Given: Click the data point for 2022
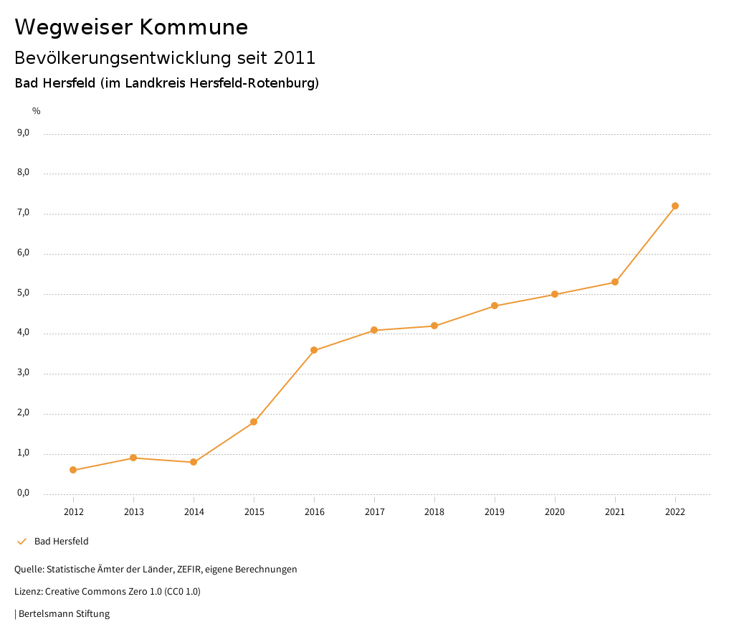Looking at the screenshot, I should coord(675,206).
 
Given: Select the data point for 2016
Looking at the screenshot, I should coord(314,350).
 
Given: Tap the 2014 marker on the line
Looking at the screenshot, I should coord(194,462).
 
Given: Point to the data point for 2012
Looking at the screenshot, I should coord(73,470).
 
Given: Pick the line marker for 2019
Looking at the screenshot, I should coord(495,306).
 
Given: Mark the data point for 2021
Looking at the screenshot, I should coord(615,282).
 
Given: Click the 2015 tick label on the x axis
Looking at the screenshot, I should coord(254,512).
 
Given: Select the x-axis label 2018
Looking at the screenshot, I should coord(434,512).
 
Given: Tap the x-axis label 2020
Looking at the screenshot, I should coord(555,512).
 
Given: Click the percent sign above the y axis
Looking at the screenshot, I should coord(37,111).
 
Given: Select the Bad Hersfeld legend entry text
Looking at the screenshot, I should coord(62,542).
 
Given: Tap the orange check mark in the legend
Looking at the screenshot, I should coord(22,542).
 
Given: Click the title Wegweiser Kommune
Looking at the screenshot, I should coord(131,27).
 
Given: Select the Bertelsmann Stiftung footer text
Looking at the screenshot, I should coord(64,614).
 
